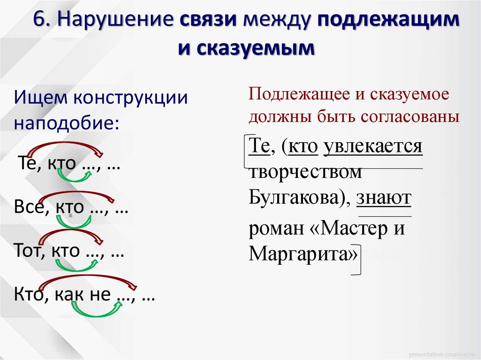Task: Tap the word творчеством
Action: [x=306, y=172]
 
